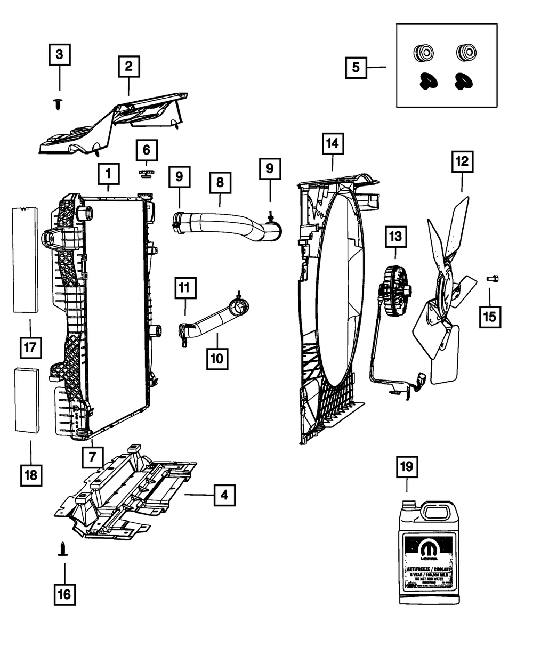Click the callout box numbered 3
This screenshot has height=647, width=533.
click(x=59, y=54)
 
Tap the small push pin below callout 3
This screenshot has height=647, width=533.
click(x=58, y=104)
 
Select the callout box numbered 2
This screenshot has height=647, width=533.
click(x=128, y=67)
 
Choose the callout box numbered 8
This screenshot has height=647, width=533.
click(x=220, y=182)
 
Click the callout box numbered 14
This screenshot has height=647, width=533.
click(x=333, y=144)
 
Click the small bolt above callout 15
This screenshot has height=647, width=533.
click(x=492, y=278)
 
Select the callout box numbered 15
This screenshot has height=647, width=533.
click(x=489, y=317)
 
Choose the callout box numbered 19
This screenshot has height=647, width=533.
click(x=407, y=467)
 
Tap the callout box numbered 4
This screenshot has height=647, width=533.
click(x=224, y=495)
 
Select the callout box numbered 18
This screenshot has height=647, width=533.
click(x=31, y=474)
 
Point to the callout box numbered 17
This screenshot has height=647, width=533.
click(x=29, y=347)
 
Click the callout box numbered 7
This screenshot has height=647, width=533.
click(x=93, y=457)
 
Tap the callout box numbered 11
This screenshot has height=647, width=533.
click(x=184, y=288)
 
